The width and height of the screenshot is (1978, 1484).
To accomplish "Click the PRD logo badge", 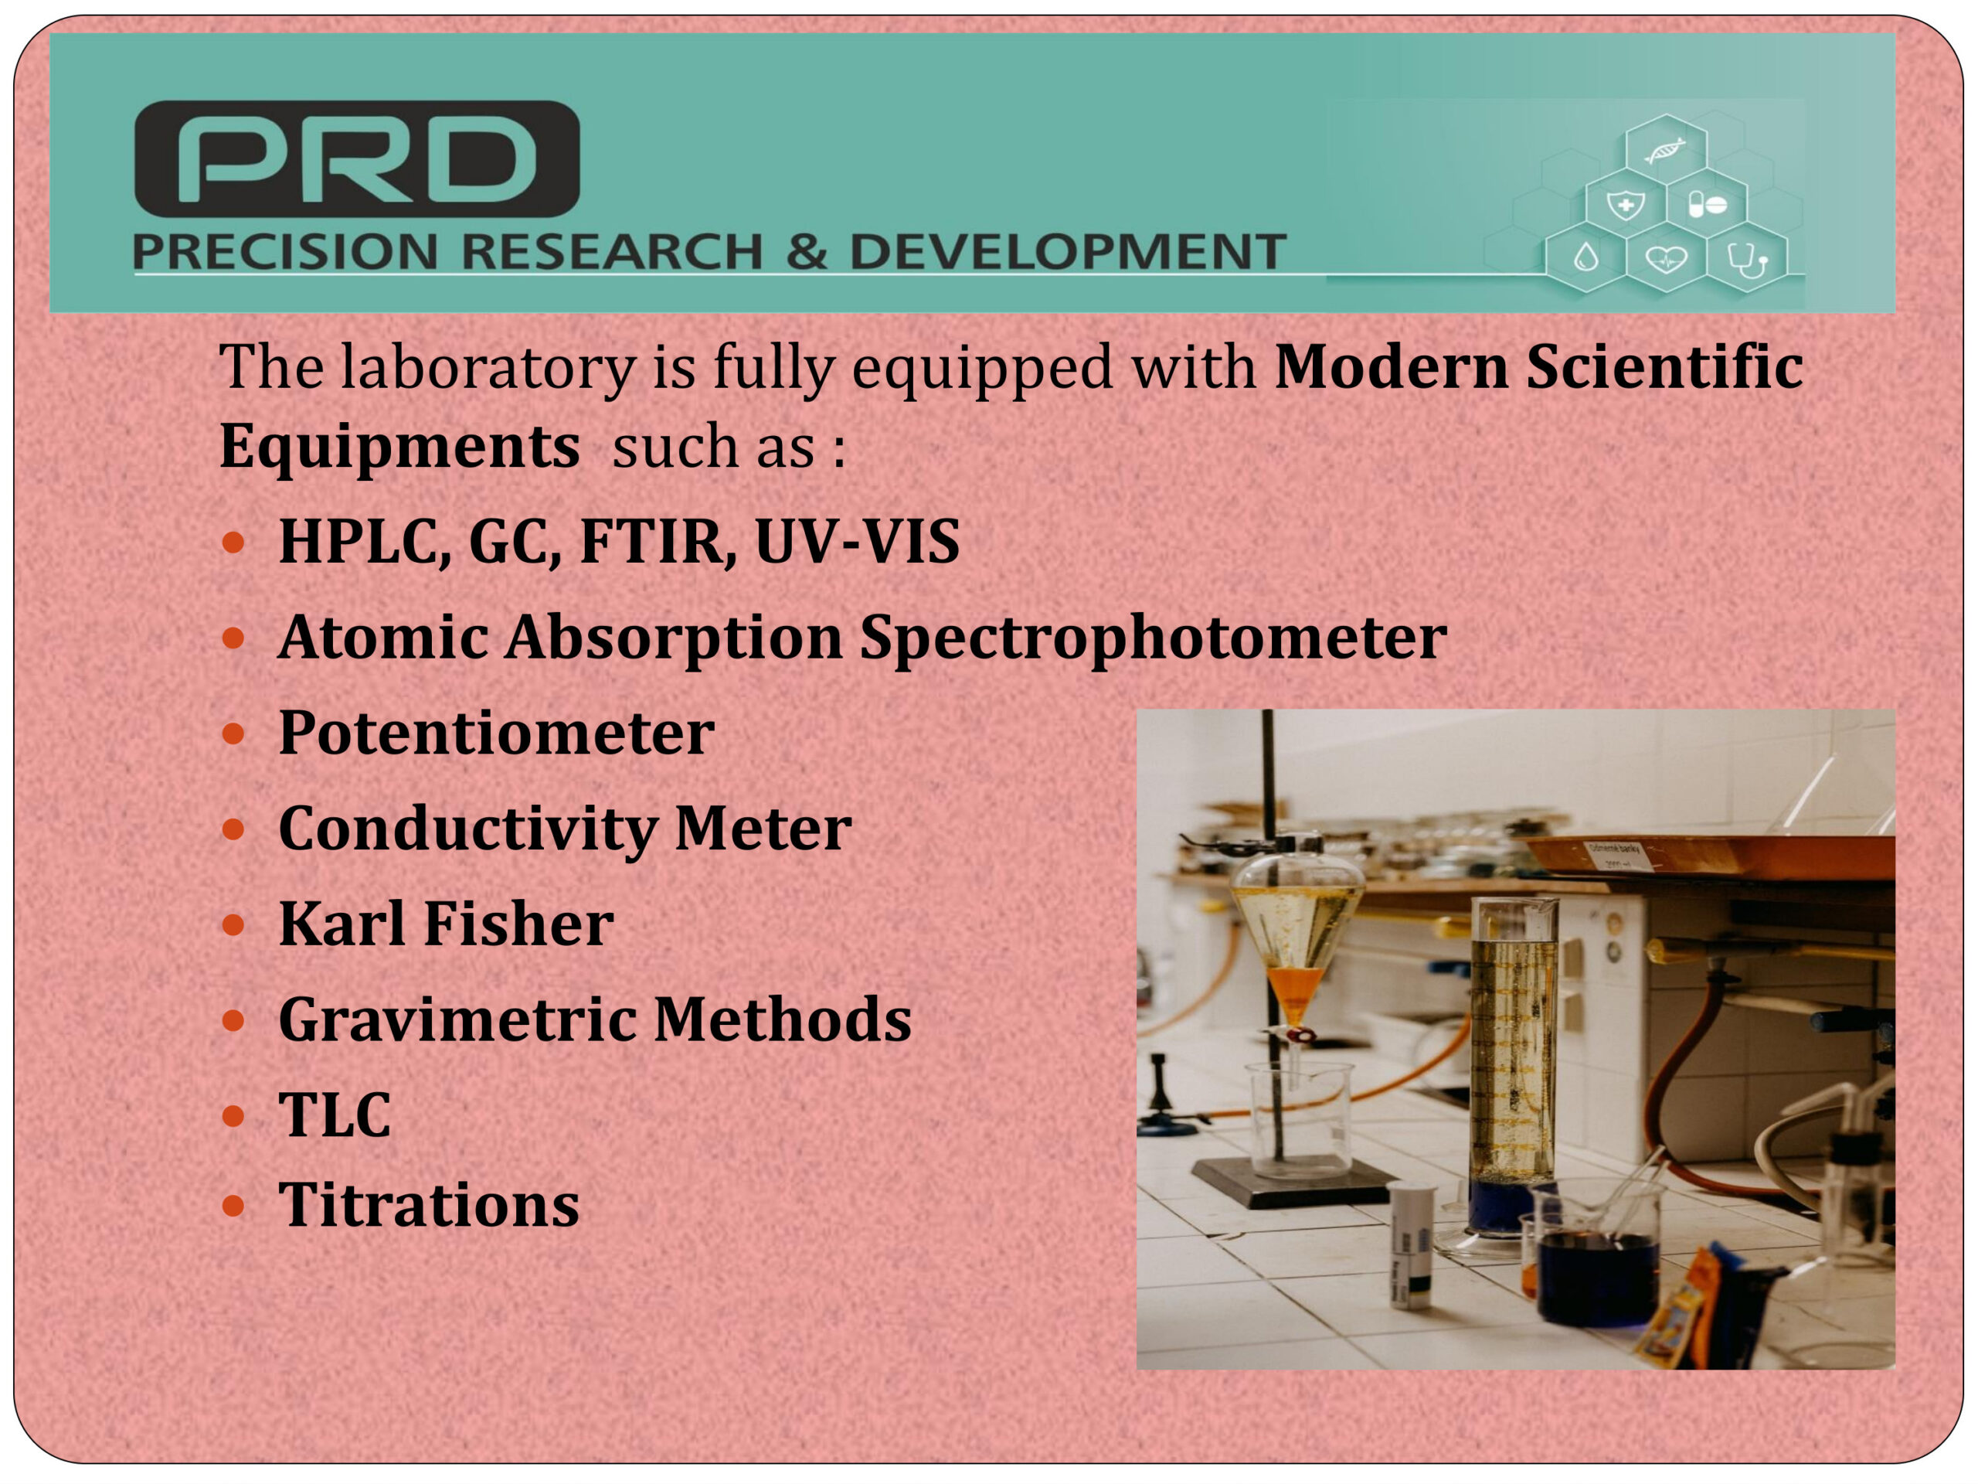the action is tap(357, 158).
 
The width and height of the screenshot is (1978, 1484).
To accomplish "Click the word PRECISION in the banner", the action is tap(285, 251).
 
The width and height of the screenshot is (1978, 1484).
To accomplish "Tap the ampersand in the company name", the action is tap(807, 251).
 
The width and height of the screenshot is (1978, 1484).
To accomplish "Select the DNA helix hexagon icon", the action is tap(1665, 149).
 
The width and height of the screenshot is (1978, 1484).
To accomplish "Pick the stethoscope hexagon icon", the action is tap(1746, 260).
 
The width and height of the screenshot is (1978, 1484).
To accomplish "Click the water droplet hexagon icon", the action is tap(1585, 260).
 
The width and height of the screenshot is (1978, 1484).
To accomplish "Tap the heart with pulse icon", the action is tap(1666, 260).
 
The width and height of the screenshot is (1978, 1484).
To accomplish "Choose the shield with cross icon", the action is tap(1625, 205).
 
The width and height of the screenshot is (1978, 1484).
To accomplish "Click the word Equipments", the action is tap(399, 448).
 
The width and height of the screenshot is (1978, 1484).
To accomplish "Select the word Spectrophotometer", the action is tap(1153, 639).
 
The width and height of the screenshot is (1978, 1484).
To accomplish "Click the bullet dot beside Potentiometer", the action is tap(233, 733).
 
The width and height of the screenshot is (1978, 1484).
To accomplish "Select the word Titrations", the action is tap(430, 1204).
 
